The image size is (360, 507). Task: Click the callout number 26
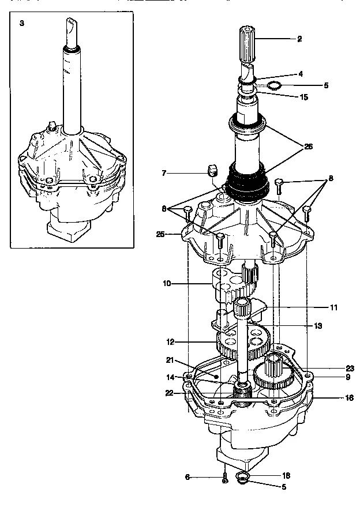[308, 147]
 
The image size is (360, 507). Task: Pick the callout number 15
[303, 97]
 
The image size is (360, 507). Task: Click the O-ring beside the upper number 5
[275, 86]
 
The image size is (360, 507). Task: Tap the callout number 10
[167, 283]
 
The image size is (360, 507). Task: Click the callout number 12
[170, 342]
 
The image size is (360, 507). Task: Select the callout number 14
[170, 377]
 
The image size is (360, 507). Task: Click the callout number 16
[333, 398]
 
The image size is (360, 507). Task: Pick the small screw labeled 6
[224, 478]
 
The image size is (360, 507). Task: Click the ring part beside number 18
[243, 476]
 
